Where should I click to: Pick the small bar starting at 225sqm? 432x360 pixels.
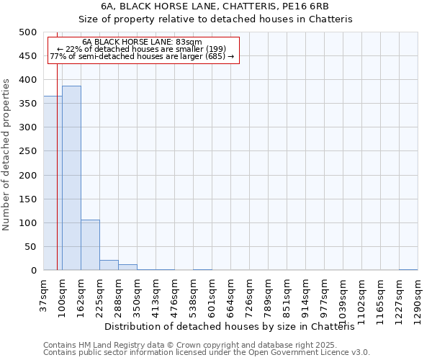[109, 265]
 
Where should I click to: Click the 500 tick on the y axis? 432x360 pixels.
[28, 32]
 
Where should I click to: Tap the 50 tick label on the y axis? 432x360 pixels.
[30, 247]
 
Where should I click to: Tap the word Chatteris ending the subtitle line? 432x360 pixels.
[330, 19]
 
